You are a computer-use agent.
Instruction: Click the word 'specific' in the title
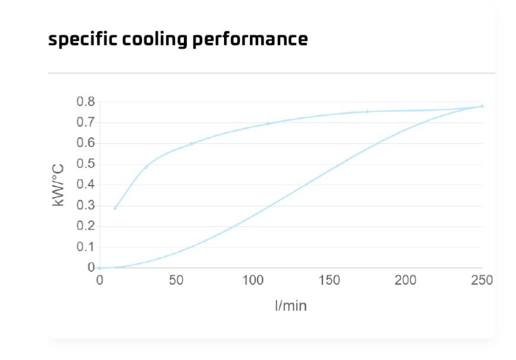(x=77, y=39)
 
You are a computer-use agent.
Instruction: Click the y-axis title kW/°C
(x=58, y=184)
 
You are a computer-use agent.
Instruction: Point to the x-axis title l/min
(x=291, y=306)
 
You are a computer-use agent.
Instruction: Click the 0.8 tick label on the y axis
(x=86, y=102)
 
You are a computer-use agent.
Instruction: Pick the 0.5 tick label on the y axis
(x=86, y=164)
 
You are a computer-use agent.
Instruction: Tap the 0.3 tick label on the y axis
(x=86, y=206)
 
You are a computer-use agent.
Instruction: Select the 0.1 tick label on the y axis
(x=86, y=247)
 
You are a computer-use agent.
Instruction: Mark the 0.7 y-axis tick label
(x=86, y=123)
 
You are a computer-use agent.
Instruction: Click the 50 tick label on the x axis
(x=176, y=280)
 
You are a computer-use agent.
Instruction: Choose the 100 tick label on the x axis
(x=252, y=280)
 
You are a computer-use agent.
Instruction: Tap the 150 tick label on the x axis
(x=329, y=280)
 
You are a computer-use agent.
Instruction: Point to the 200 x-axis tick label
(x=406, y=280)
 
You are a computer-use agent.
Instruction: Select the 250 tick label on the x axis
(x=482, y=280)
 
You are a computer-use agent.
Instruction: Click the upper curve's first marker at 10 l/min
(x=115, y=208)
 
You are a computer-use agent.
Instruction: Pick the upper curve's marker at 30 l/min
(x=146, y=167)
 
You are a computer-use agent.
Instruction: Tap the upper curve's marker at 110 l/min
(x=268, y=124)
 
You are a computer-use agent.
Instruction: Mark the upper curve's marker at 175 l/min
(x=367, y=111)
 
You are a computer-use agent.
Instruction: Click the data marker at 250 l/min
(x=482, y=106)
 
